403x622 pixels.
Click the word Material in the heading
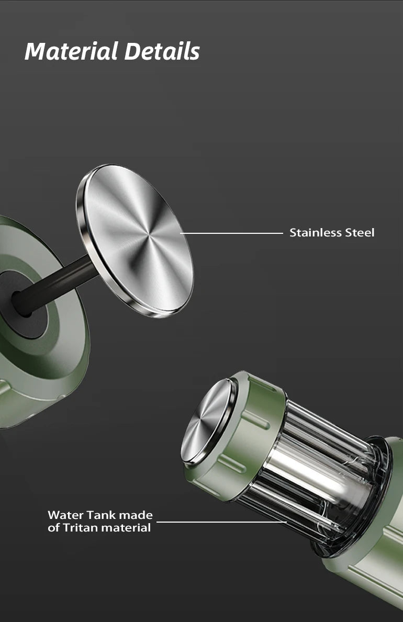(x=72, y=52)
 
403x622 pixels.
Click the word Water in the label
(x=65, y=515)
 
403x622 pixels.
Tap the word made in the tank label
(x=136, y=515)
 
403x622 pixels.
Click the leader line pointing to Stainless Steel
(x=231, y=233)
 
